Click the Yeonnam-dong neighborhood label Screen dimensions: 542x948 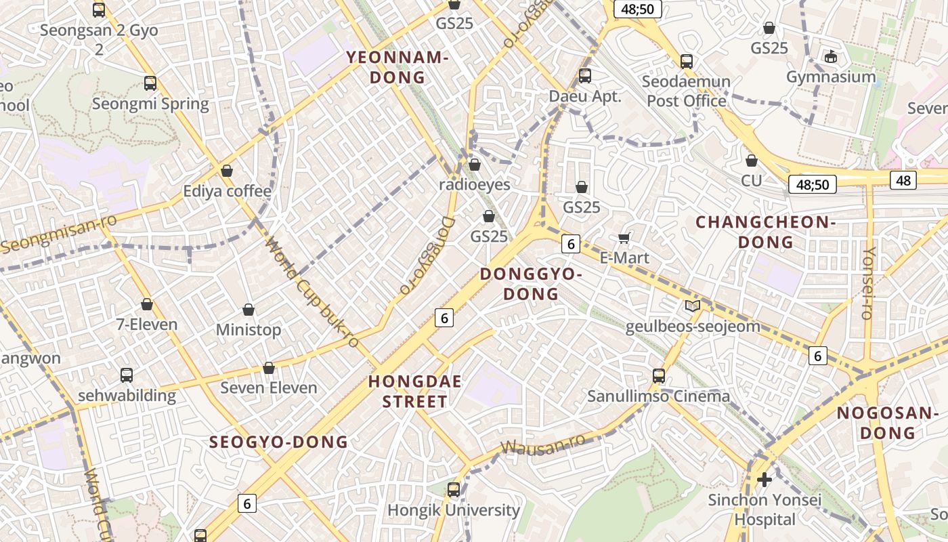pos(397,67)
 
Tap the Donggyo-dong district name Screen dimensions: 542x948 pos(531,284)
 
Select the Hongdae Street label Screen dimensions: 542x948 pos(415,392)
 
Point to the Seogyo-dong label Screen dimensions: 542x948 pos(278,442)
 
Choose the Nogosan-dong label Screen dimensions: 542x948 pos(886,423)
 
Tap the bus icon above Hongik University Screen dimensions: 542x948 pos(454,489)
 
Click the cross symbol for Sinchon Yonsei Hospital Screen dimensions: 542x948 pos(764,480)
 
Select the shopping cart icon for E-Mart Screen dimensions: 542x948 pos(624,238)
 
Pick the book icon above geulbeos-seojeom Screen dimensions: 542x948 pos(693,306)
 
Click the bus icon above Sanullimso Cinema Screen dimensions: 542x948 pos(659,375)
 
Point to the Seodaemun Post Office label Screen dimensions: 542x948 pos(686,91)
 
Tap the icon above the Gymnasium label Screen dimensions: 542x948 pos(831,56)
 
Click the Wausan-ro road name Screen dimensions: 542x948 pos(542,446)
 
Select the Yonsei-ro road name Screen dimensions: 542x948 pos(867,283)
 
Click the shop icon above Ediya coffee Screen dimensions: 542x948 pos(227,171)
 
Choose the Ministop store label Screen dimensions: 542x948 pos(248,330)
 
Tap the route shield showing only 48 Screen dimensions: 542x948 pos(904,180)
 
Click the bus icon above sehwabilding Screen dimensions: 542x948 pos(127,375)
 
